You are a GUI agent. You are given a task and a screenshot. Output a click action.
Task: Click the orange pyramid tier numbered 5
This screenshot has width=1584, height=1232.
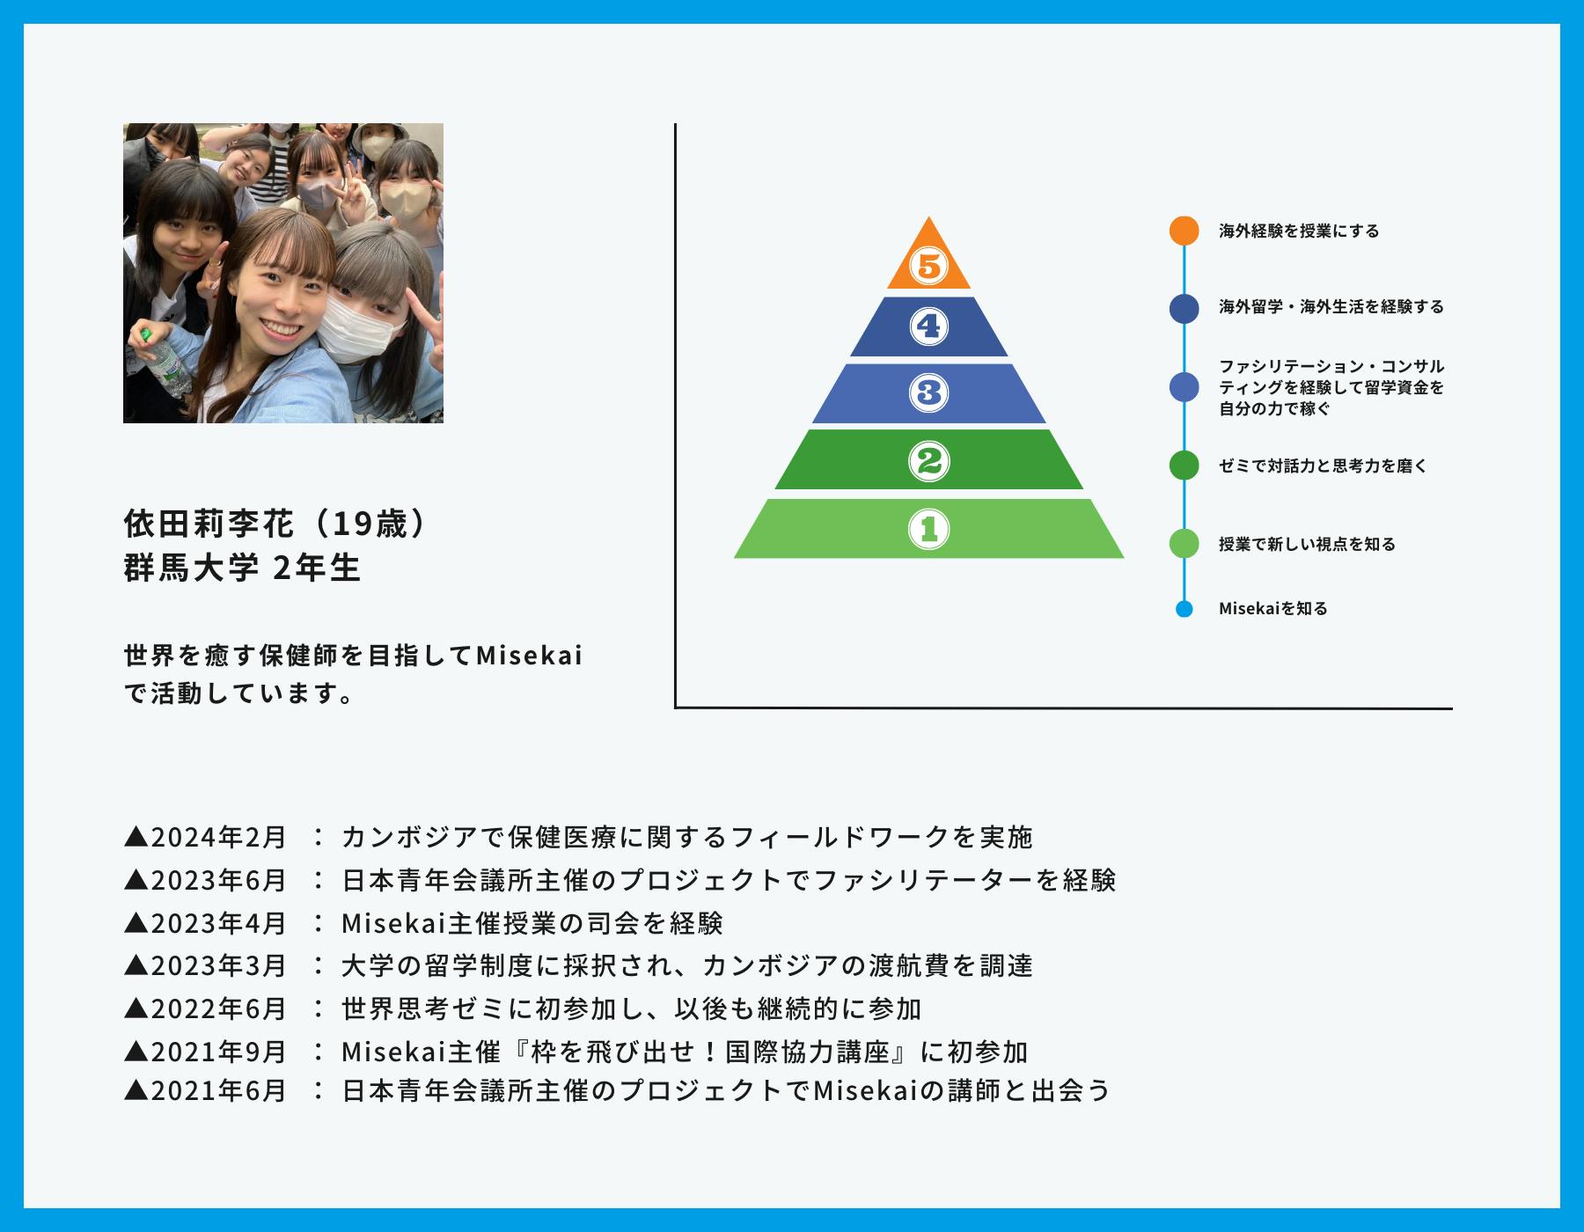pos(928,260)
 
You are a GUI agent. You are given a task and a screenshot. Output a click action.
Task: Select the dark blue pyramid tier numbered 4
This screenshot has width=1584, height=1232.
pos(928,326)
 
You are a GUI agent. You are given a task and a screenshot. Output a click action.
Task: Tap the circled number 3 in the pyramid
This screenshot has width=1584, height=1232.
pos(928,392)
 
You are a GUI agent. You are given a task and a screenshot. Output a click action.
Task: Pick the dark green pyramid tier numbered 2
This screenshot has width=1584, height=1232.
pos(928,459)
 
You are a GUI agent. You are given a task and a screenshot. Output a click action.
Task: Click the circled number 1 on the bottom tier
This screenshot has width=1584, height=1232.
pos(928,529)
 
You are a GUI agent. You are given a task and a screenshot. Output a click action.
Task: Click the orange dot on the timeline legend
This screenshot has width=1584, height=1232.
pos(1184,231)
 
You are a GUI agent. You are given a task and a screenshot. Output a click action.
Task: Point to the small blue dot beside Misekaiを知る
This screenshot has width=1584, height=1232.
pos(1184,609)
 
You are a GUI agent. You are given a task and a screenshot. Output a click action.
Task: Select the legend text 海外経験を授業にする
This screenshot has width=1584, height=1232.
pos(1299,231)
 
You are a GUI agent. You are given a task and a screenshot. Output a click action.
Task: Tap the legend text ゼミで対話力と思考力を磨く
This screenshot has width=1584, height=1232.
pos(1323,466)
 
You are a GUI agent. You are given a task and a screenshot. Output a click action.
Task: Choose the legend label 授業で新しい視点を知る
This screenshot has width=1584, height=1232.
pos(1307,545)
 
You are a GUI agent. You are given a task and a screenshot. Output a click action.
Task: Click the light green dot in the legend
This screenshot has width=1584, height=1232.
pos(1184,543)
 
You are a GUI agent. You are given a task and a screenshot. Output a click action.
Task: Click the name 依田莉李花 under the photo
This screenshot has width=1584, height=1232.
pos(209,524)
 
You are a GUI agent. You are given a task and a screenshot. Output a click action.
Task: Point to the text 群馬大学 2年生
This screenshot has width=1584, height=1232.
pos(243,568)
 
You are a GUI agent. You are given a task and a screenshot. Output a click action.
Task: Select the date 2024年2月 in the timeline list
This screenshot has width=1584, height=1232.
pos(219,837)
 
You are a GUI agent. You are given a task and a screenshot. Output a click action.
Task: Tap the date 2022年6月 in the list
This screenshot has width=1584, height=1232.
pos(219,1008)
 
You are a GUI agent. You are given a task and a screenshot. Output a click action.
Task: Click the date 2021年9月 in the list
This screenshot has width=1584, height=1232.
pos(219,1052)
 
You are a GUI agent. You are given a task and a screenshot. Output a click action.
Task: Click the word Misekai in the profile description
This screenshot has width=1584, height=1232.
pos(529,656)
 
